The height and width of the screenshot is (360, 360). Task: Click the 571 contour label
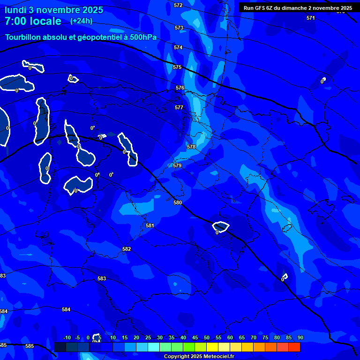311,18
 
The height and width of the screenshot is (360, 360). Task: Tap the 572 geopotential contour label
178,5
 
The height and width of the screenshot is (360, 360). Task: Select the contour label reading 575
177,67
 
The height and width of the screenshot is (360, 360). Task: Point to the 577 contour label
179,107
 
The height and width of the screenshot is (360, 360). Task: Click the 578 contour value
191,147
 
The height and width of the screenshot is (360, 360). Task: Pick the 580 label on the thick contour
178,202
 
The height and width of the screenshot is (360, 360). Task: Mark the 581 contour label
150,225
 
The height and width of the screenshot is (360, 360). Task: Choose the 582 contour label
127,249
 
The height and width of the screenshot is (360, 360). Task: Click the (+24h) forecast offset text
81,21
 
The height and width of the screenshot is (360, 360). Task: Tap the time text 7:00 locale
33,21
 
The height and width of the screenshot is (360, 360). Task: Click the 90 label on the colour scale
300,337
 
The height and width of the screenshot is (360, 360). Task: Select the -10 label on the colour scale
67,337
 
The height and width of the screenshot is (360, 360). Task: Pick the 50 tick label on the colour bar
206,337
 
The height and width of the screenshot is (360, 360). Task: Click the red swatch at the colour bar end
294,347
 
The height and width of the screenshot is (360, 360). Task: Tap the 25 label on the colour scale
148,337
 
